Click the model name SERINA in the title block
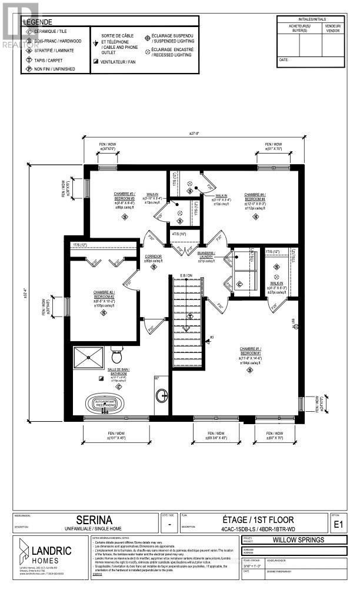[x=100, y=519]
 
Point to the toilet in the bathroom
[x=116, y=357]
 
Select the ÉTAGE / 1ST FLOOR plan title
[x=249, y=519]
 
